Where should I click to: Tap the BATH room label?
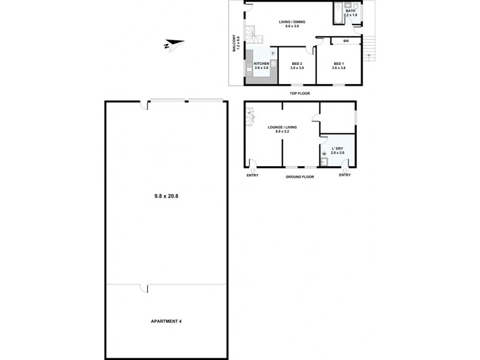(349, 10)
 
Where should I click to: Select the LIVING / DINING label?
(292, 22)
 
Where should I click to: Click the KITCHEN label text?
(262, 64)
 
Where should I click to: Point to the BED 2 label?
(297, 64)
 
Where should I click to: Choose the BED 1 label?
(339, 64)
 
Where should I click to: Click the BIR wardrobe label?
(347, 41)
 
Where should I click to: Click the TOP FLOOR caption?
(300, 93)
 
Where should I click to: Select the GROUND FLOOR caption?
(300, 177)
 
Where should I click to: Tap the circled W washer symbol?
(324, 154)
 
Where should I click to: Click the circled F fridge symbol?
(273, 53)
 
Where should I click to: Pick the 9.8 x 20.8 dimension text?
(167, 195)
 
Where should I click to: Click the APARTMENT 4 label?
(166, 322)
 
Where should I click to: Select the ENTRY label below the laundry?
(344, 175)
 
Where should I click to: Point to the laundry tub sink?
(324, 162)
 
